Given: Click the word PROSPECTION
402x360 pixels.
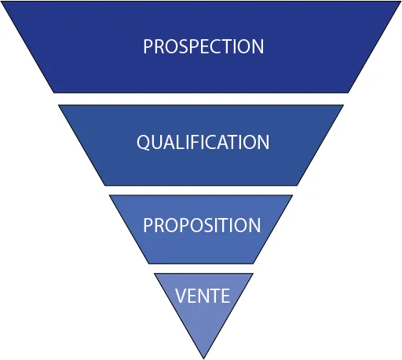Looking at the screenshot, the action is click(x=203, y=46).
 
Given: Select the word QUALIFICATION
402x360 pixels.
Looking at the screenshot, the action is click(x=203, y=143).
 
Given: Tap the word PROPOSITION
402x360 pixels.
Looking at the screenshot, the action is click(x=202, y=225).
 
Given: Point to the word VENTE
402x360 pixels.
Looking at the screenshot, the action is click(x=203, y=296).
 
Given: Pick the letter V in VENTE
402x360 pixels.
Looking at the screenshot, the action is click(x=181, y=296).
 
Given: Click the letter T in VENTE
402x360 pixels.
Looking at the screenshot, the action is click(x=214, y=296).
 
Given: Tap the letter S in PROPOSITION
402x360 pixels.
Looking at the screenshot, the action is click(x=209, y=225).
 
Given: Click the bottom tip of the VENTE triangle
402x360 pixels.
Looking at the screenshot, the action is click(x=203, y=358).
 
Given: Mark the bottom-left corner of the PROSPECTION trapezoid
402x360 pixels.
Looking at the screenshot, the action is click(x=53, y=93).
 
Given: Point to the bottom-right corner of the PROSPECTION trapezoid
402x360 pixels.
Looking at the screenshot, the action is click(x=349, y=93).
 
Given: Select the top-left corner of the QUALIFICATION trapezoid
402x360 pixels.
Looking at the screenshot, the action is click(x=58, y=105).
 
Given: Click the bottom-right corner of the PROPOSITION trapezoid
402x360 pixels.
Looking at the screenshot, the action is click(x=253, y=264).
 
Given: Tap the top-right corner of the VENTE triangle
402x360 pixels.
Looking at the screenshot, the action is click(x=253, y=274).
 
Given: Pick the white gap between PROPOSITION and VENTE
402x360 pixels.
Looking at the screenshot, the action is click(x=201, y=269).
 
